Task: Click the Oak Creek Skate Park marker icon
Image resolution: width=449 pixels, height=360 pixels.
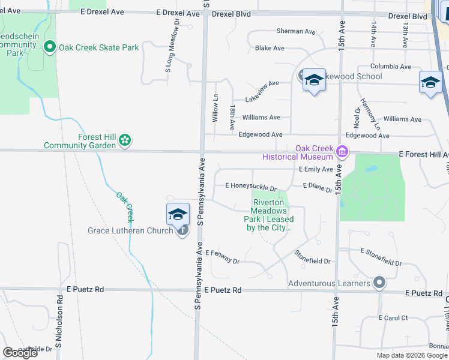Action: (50, 47)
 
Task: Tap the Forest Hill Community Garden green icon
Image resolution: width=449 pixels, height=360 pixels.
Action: (125, 141)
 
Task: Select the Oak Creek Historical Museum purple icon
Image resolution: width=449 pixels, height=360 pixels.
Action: (342, 151)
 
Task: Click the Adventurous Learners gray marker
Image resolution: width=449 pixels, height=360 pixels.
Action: (379, 283)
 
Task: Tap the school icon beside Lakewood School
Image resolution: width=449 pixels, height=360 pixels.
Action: (313, 80)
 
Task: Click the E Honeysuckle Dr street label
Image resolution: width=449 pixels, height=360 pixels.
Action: (250, 188)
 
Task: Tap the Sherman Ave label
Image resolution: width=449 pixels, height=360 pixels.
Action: (295, 31)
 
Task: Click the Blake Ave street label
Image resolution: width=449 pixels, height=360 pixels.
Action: (270, 48)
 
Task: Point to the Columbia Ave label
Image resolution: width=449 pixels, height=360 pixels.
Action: (391, 67)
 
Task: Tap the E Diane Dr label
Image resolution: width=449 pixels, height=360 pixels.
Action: (318, 187)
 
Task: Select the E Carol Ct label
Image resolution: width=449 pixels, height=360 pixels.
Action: (393, 317)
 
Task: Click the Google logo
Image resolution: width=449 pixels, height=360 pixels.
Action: (20, 353)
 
